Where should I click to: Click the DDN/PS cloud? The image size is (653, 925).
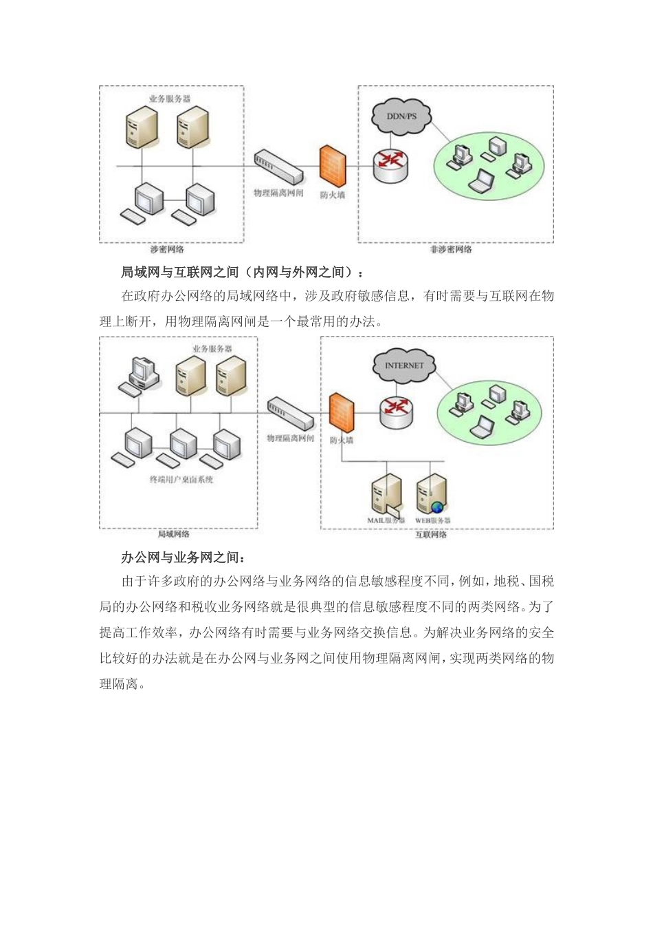[401, 116]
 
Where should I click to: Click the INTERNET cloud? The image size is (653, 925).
[404, 365]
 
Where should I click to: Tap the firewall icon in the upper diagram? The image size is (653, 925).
[333, 166]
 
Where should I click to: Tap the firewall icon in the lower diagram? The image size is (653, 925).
[341, 412]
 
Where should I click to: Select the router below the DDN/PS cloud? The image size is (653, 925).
[390, 164]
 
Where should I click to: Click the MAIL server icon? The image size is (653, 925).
[385, 494]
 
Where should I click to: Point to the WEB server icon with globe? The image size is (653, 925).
[431, 494]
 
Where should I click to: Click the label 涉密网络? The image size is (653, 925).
[167, 249]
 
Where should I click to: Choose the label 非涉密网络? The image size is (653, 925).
[451, 249]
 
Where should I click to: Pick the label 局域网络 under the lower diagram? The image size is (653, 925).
[173, 534]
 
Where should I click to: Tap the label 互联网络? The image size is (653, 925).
[431, 535]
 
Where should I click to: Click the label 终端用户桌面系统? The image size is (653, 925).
[181, 480]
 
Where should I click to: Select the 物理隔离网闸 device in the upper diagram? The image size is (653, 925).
[278, 167]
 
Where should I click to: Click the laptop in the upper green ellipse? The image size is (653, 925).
[481, 180]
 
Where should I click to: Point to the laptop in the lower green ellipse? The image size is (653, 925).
[483, 427]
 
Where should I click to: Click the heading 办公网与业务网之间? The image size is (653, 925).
[183, 557]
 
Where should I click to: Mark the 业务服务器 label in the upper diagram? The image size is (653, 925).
[170, 99]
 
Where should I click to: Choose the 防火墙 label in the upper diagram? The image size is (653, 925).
[333, 195]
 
